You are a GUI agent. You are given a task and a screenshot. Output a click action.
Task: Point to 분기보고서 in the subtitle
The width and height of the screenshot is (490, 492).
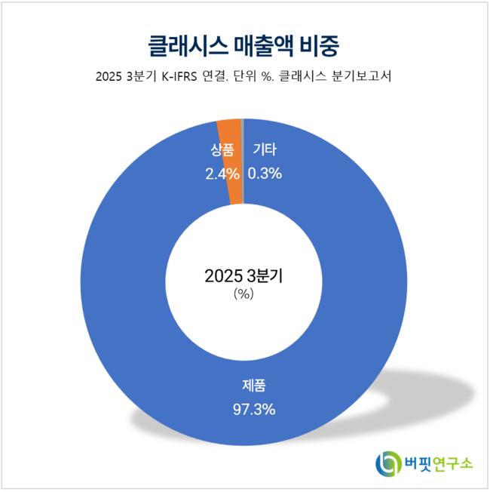363,77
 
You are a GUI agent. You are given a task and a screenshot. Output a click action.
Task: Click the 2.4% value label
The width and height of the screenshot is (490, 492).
222,174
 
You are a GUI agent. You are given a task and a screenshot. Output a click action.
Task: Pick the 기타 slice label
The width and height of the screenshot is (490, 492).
264,151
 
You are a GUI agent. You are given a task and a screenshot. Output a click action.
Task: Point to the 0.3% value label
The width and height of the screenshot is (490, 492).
265,174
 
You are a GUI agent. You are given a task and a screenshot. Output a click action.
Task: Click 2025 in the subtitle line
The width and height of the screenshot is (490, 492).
109,77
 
